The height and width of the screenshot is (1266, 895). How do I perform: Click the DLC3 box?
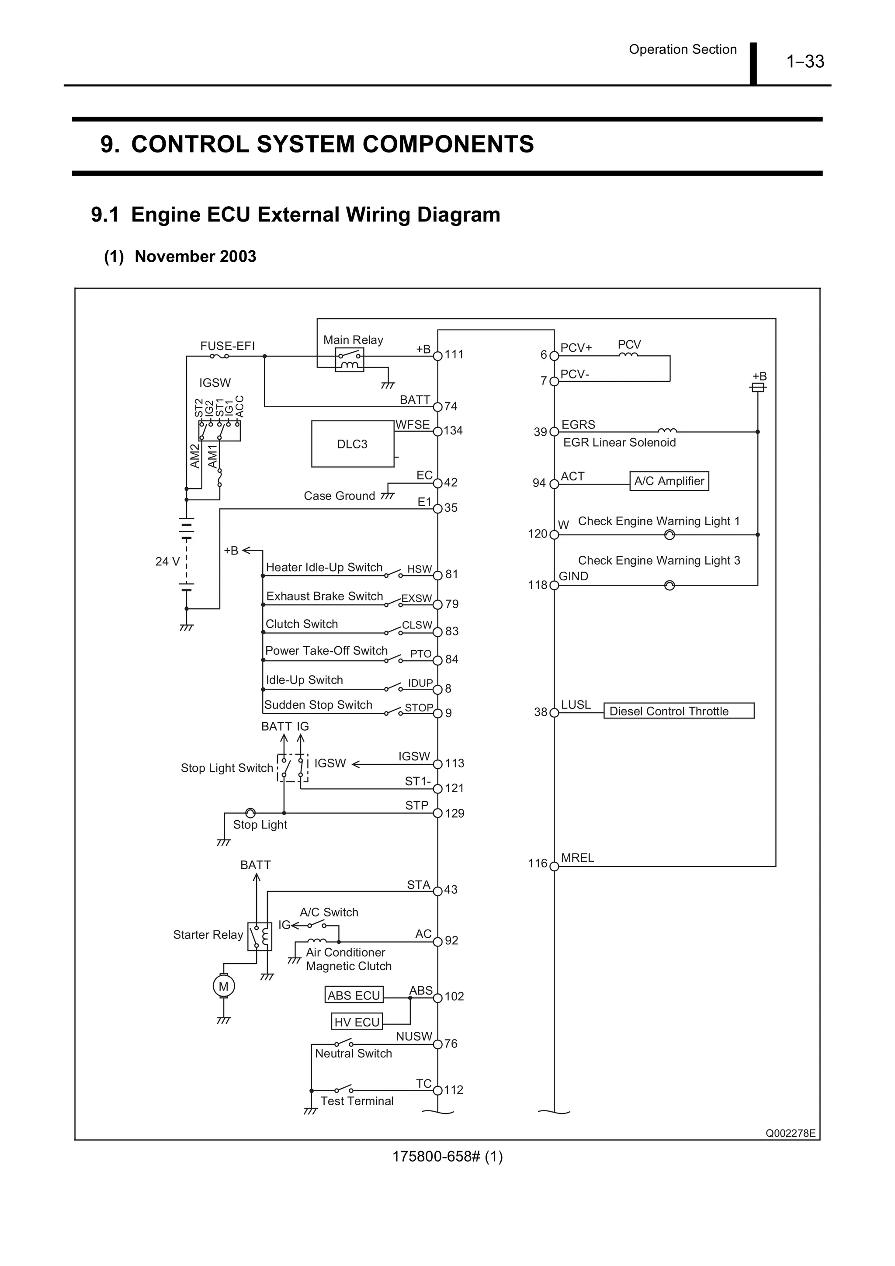[352, 444]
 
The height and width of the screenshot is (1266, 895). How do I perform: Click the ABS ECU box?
[354, 995]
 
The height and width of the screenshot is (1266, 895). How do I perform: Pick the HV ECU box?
[357, 1022]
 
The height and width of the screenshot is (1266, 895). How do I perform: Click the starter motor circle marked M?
[224, 986]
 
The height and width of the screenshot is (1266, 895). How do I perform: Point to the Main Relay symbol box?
[350, 360]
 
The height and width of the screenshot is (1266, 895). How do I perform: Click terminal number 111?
[454, 354]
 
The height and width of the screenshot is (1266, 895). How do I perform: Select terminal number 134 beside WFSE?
[453, 430]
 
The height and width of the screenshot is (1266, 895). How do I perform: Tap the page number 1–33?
[805, 61]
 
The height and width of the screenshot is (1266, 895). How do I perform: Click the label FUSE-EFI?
[227, 346]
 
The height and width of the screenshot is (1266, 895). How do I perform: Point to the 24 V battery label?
[167, 561]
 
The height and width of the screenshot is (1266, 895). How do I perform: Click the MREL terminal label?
[577, 857]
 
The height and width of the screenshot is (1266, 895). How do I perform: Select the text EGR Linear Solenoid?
[619, 442]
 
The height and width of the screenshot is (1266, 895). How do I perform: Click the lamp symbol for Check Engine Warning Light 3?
[670, 585]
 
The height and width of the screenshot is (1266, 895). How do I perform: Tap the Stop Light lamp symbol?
[250, 813]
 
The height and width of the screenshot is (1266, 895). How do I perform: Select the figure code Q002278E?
[790, 1133]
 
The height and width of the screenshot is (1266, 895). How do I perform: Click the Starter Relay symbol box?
[259, 936]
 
